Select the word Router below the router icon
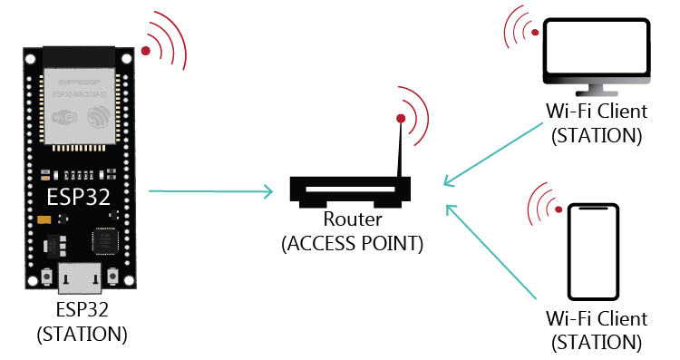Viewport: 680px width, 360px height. pyautogui.click(x=352, y=220)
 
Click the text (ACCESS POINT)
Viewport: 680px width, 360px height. pyautogui.click(x=352, y=244)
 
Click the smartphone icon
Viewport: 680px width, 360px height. pyautogui.click(x=596, y=252)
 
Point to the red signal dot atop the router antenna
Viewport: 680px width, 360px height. pyautogui.click(x=400, y=118)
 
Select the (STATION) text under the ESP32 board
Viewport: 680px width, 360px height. pyautogui.click(x=82, y=333)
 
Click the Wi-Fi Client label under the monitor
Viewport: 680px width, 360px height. pyautogui.click(x=596, y=112)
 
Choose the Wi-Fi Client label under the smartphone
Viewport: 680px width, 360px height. pyautogui.click(x=596, y=319)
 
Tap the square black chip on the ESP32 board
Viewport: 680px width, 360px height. pyautogui.click(x=103, y=241)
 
